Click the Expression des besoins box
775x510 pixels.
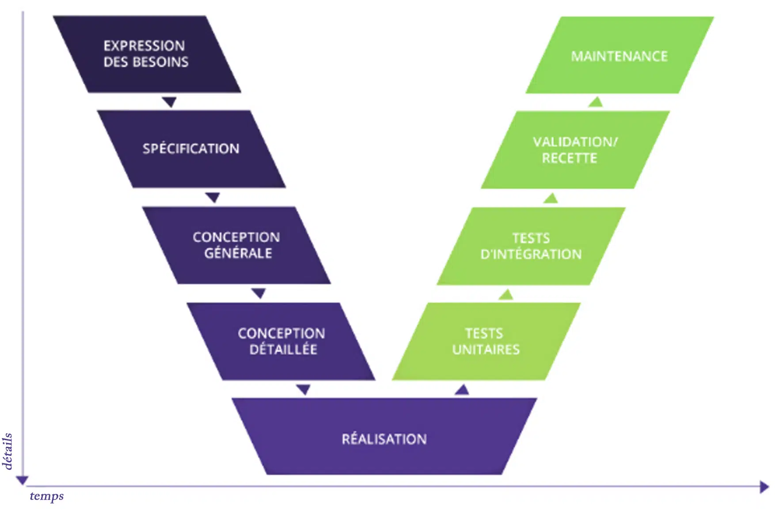[x=147, y=54]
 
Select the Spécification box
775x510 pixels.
[x=191, y=149]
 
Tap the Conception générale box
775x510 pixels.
[x=236, y=245]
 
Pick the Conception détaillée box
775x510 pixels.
[x=281, y=341]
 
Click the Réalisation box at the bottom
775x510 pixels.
[x=384, y=438]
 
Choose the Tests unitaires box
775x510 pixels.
[x=486, y=341]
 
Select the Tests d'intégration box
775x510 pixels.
[x=531, y=246]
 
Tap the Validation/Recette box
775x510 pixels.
[x=575, y=150]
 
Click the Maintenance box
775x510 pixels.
[x=619, y=56]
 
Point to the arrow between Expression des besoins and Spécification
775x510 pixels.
[x=169, y=102]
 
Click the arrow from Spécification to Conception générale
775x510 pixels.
[x=213, y=197]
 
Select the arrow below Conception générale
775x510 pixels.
[x=258, y=293]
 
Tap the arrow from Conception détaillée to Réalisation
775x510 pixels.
[x=303, y=389]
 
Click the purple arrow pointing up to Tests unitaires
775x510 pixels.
[x=462, y=390]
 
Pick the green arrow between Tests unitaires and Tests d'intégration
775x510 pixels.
[x=506, y=294]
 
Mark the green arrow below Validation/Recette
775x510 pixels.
[x=551, y=198]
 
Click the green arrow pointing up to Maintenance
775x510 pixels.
[x=596, y=102]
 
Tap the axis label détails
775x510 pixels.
[x=8, y=451]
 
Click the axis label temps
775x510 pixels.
[x=47, y=496]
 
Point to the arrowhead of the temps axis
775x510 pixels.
[x=764, y=487]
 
